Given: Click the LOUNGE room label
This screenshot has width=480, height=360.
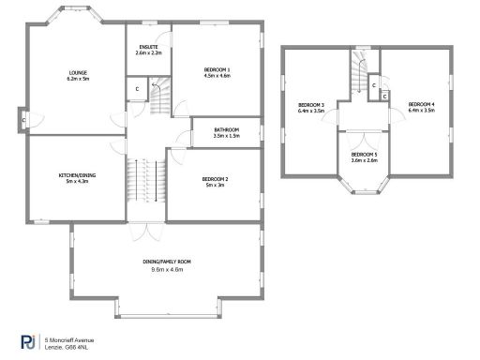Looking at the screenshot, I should click(77, 72).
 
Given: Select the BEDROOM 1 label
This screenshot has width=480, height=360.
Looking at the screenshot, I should click(217, 70).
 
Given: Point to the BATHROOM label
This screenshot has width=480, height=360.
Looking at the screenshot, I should click(226, 129).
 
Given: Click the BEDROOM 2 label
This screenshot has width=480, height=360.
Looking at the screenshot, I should click(216, 178).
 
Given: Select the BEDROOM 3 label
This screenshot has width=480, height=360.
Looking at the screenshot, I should click(311, 104).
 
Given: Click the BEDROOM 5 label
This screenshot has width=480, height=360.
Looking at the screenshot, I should click(365, 154).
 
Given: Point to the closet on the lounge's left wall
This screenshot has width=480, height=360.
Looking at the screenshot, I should click(24, 119).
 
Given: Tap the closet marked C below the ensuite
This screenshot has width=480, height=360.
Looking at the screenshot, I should click(137, 89).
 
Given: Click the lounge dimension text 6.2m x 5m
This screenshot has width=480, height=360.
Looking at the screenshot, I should click(77, 79).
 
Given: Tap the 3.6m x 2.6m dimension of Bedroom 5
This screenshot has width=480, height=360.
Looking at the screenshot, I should click(365, 160).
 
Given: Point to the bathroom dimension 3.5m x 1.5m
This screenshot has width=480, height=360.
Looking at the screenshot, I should click(226, 136).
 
